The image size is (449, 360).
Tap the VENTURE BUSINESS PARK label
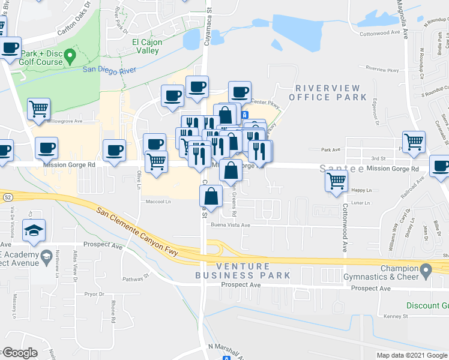click(243, 271)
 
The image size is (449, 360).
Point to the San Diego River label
click(109, 70)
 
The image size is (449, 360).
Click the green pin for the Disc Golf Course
click(70, 58)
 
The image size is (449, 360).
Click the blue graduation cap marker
click(33, 230)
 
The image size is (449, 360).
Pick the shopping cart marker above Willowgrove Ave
click(39, 109)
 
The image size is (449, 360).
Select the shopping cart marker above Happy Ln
click(336, 180)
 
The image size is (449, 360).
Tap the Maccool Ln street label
click(159, 202)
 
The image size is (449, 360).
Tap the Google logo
click(20, 353)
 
